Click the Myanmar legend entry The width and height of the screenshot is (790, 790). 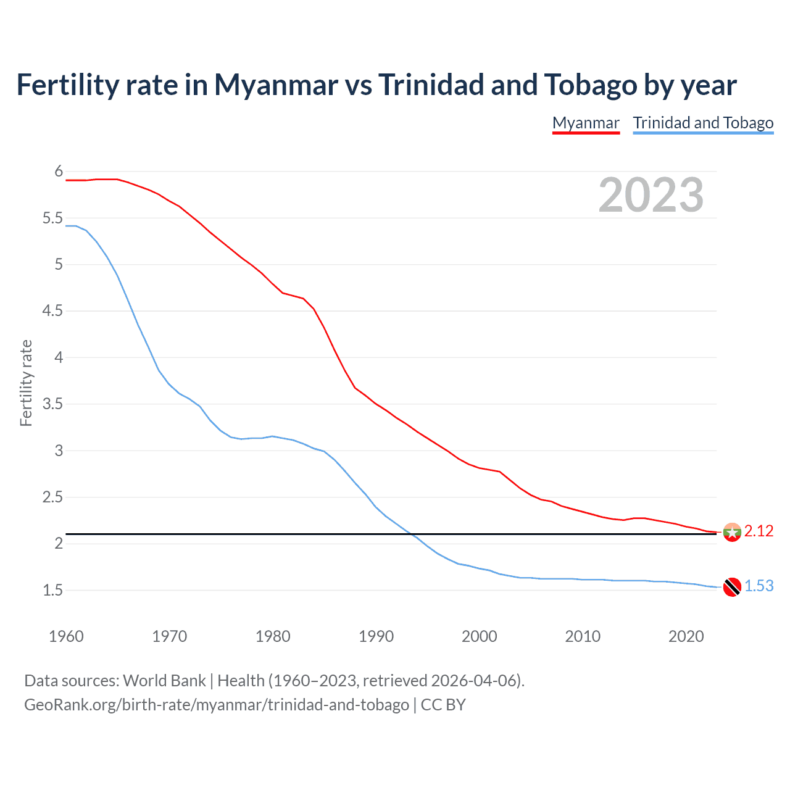point(585,123)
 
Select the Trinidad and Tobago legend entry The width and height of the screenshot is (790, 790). point(703,123)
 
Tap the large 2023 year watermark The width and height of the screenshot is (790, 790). point(651,195)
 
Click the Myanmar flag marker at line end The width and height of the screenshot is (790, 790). point(732,532)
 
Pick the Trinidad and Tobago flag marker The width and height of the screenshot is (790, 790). point(732,587)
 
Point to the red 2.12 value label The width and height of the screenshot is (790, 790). point(759,531)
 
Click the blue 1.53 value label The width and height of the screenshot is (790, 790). point(759,586)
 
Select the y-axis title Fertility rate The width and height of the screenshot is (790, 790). point(26,383)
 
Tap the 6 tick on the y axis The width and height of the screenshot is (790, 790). point(59,172)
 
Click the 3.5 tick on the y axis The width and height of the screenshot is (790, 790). point(52,404)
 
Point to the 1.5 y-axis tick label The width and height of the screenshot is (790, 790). point(52,591)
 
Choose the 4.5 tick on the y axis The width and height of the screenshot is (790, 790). point(52,311)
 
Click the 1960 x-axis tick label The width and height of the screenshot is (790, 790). point(66,636)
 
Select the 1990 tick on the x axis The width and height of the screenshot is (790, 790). point(376,636)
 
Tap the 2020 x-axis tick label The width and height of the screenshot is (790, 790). point(686,636)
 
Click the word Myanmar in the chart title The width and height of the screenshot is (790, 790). point(276,85)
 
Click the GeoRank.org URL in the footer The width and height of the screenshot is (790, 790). point(216,705)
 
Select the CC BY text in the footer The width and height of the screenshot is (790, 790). point(443,705)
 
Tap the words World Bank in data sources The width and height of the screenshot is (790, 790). point(164,681)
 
